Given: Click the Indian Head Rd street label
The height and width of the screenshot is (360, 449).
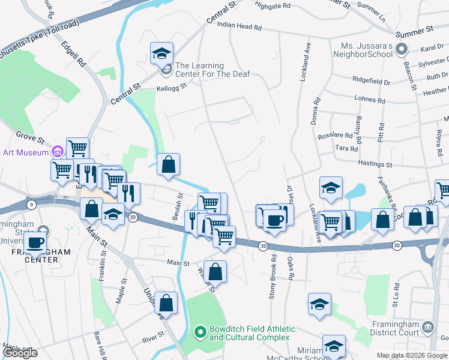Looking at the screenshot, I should [x=240, y=27].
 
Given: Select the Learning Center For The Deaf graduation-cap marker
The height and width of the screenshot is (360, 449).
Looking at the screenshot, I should [x=161, y=53].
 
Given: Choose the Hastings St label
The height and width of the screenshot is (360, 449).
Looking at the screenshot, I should [x=375, y=164].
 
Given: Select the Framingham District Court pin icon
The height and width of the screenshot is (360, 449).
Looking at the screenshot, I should [x=427, y=327].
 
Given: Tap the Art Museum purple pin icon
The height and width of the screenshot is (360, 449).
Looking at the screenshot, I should [x=58, y=151].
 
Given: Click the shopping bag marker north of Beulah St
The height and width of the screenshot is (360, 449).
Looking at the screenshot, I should [x=169, y=164].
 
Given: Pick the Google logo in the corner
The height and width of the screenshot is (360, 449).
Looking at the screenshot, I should [x=20, y=353].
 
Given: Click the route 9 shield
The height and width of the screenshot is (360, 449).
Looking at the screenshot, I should [x=31, y=205].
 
